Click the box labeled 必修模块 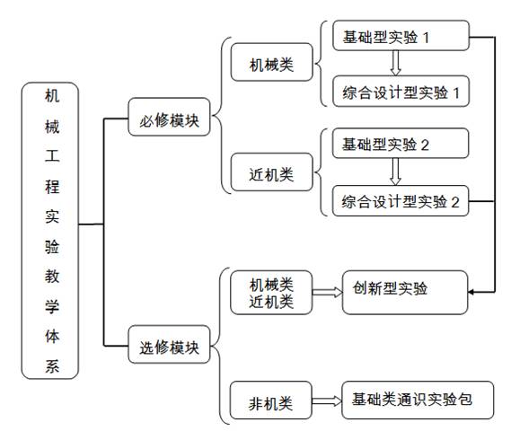coord(169,117)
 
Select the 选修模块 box coord(169,344)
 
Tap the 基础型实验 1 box coord(401,36)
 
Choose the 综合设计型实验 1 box coord(401,92)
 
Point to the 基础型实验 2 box coord(401,144)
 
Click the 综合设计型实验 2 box coord(401,200)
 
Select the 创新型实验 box coord(405,292)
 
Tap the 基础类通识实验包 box coord(418,400)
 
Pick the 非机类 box coord(271,400)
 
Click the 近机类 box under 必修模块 coord(272,172)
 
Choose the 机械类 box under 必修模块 coord(272,62)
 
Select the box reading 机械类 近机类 coord(271,292)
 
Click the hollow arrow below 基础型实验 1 coord(396,63)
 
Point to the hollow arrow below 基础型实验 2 coord(396,172)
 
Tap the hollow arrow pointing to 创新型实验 coord(327,292)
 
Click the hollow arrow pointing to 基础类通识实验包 coord(327,400)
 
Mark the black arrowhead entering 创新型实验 coord(471,292)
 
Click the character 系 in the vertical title coord(52,366)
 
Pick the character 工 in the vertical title coord(52,155)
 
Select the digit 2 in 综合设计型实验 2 coord(455,202)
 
